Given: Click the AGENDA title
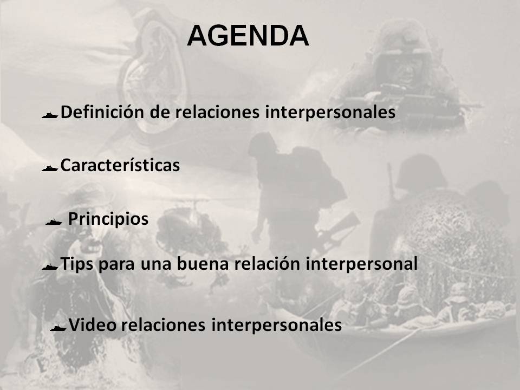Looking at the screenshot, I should pos(248,36).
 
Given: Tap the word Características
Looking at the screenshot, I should pos(120,165).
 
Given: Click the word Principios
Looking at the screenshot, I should pos(108,219).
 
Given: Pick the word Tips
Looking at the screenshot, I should pos(75,264).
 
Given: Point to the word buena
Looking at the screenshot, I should pos(205,264).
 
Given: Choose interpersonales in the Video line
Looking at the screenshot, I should pos(276,325).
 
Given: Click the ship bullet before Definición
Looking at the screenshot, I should pos(50,115).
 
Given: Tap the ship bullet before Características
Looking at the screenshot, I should pos(50,167).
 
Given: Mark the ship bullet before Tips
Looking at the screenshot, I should pos(50,266).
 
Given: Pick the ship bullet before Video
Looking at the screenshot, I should pos(58,327).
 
